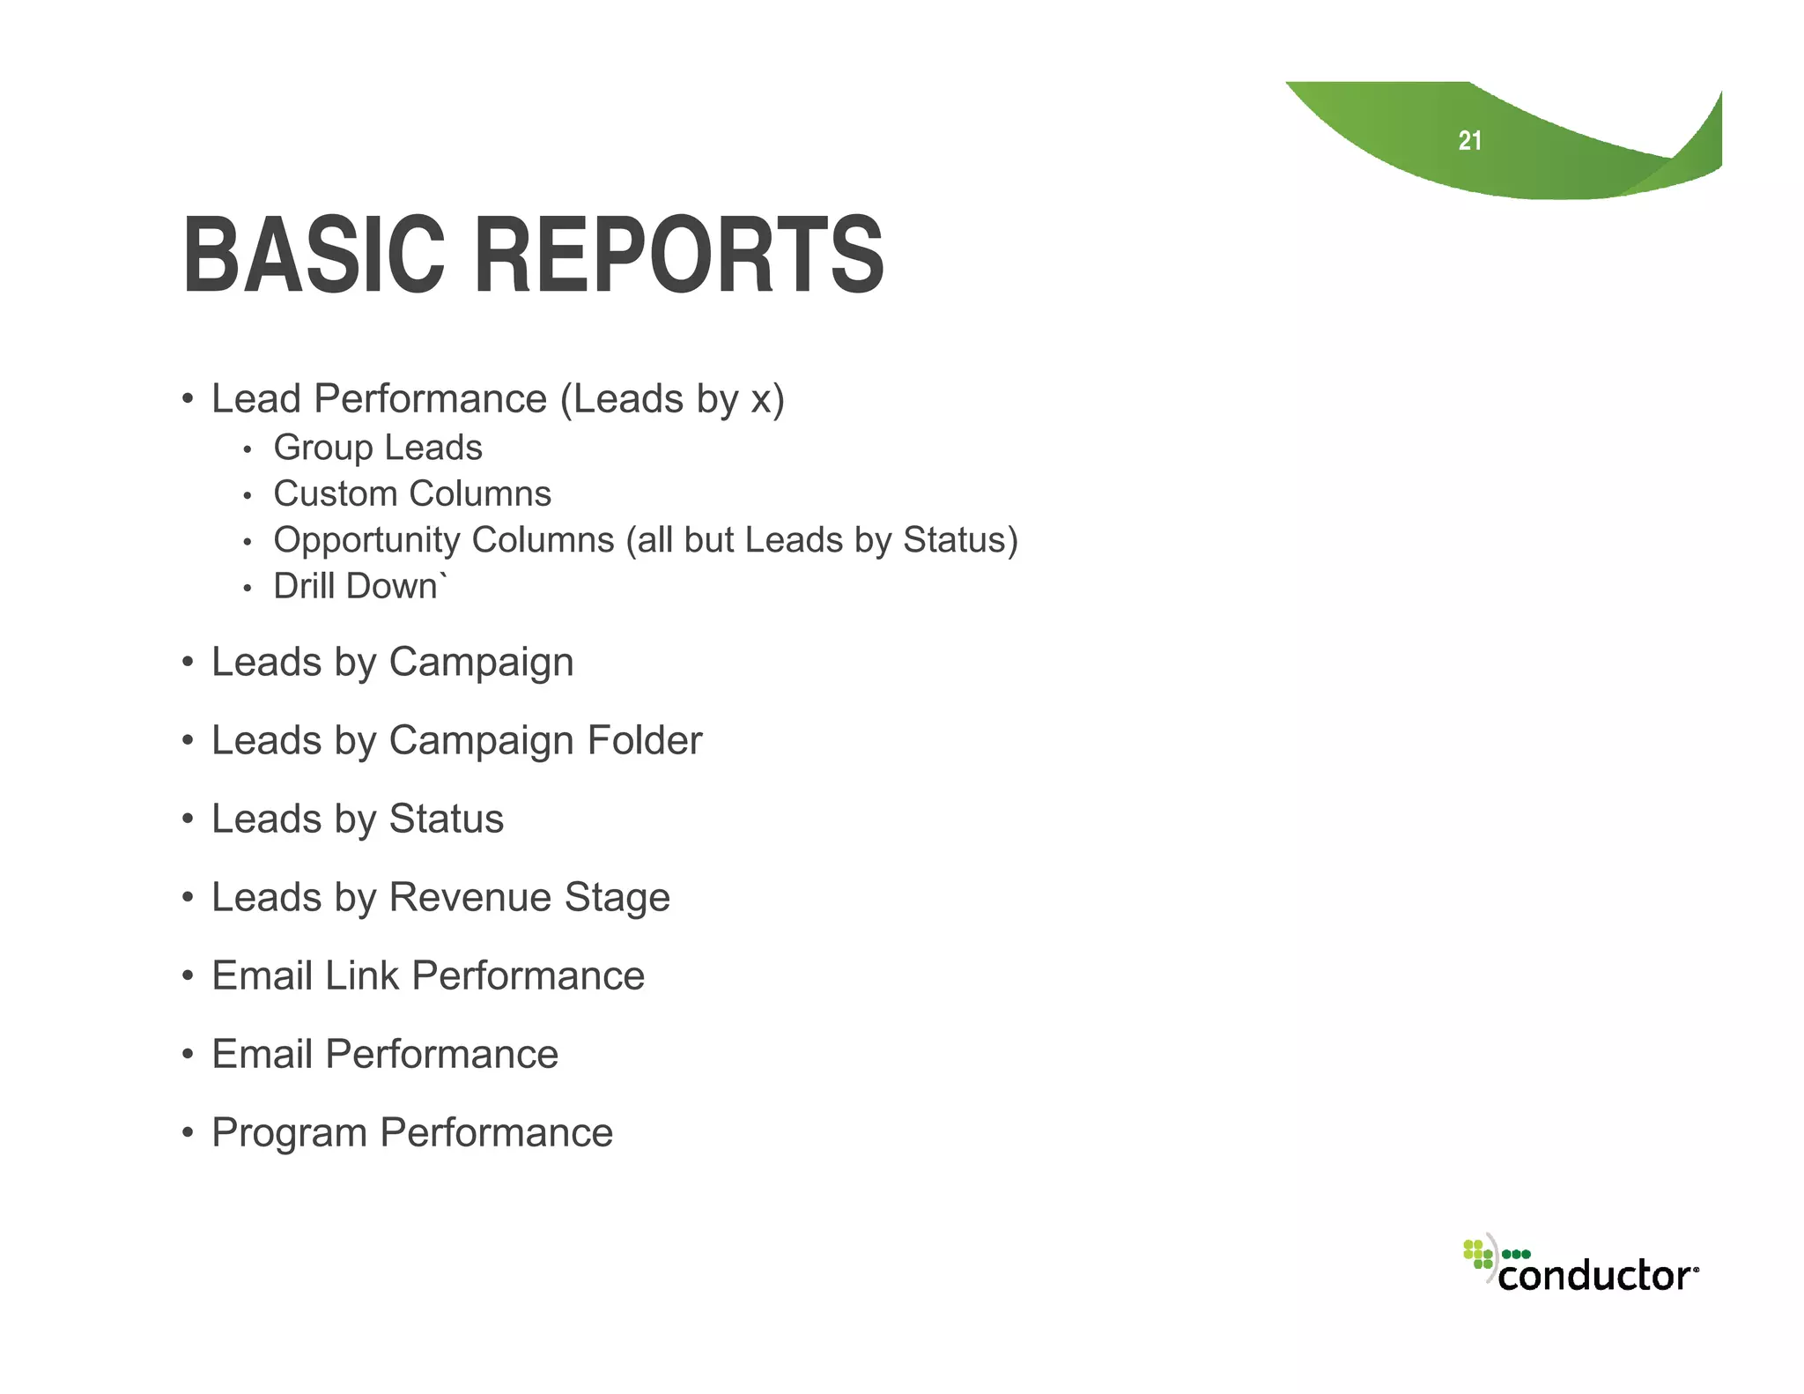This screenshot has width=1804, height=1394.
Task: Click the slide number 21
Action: (x=1469, y=141)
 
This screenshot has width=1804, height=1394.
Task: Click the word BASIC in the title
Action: (x=314, y=256)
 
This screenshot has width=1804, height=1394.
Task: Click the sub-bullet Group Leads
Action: (x=378, y=448)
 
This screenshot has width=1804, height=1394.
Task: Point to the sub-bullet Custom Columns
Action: (x=412, y=493)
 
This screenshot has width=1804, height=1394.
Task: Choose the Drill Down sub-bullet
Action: (x=357, y=586)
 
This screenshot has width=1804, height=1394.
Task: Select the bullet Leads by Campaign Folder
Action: (x=456, y=740)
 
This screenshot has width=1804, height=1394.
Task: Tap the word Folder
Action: (x=645, y=740)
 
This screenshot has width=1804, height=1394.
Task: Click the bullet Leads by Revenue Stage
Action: (x=440, y=897)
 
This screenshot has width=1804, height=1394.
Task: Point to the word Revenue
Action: (x=470, y=897)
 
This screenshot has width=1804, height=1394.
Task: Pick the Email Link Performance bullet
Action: (x=428, y=975)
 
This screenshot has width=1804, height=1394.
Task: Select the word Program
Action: (x=289, y=1133)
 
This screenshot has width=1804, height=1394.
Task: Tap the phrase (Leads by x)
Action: (x=672, y=399)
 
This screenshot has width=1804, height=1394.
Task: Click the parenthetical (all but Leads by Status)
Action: (x=822, y=540)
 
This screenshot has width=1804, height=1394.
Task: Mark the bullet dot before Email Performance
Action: (x=188, y=1055)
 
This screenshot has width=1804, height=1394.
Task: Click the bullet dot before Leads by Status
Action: (x=188, y=819)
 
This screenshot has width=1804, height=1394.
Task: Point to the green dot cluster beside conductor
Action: (x=1478, y=1254)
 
